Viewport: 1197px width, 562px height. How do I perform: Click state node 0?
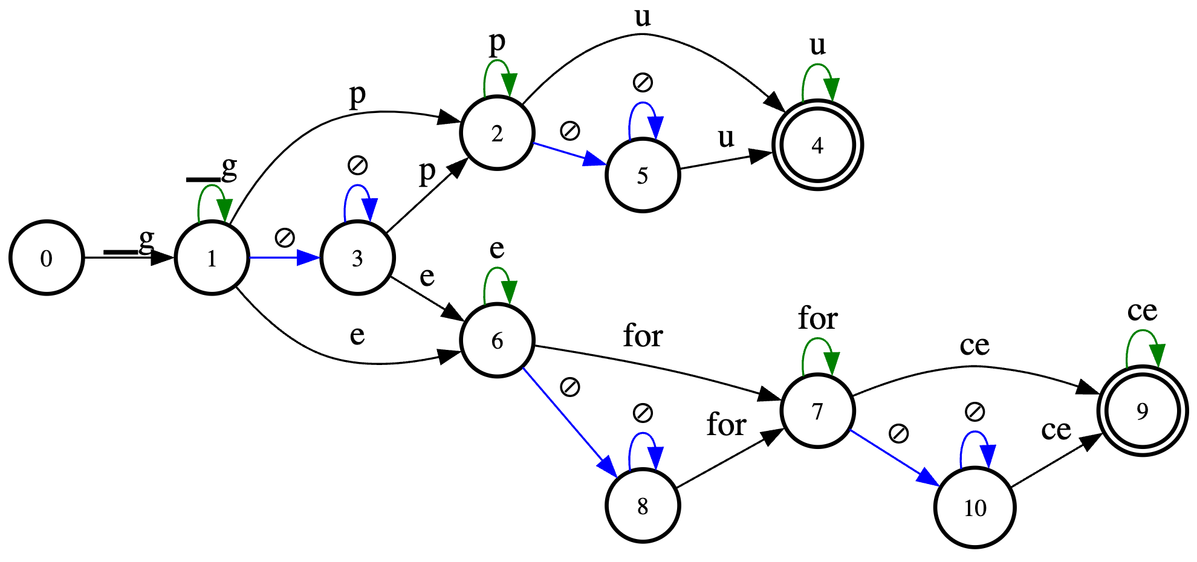point(47,258)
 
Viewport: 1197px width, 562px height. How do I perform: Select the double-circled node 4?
point(817,145)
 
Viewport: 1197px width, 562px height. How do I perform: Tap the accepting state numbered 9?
point(1142,411)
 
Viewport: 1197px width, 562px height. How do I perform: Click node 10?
point(975,508)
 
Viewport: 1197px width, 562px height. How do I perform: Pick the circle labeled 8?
point(643,506)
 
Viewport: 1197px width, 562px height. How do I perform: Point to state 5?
point(643,175)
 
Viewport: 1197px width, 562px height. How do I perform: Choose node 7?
point(817,411)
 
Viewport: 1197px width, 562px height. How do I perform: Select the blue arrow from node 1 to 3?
point(284,258)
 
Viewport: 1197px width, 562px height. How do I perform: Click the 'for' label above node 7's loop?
point(817,318)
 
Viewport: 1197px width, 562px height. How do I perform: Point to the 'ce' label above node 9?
point(1142,311)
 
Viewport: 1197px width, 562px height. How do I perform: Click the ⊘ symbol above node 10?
point(975,413)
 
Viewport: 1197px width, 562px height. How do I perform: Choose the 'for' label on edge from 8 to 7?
point(726,425)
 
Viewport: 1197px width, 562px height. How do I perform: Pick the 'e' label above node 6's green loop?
point(497,248)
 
